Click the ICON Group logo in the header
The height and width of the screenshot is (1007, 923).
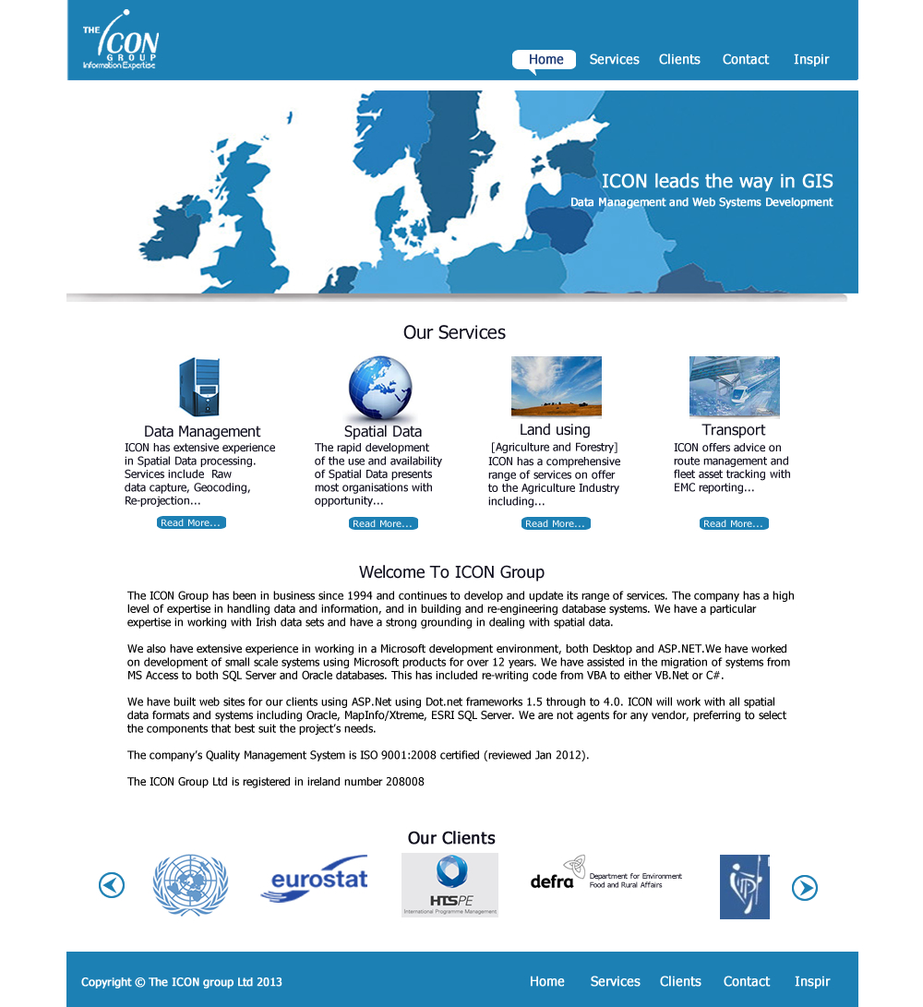pos(120,42)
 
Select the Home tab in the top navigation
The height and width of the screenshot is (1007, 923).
pos(545,60)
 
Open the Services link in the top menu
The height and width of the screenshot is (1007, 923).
pos(614,60)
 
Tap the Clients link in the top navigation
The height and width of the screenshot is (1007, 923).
pos(679,60)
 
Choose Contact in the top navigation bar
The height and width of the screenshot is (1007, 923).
pos(745,60)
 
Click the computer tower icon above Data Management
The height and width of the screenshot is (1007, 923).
pos(199,388)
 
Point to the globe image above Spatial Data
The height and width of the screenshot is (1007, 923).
pos(380,390)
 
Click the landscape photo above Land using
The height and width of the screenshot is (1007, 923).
pos(556,387)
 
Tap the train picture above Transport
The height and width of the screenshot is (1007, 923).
pos(734,387)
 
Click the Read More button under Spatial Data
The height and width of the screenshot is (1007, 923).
pos(383,524)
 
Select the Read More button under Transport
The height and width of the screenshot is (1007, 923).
pos(734,524)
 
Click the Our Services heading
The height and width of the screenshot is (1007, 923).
pos(454,333)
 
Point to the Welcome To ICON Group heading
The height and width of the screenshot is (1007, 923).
pos(451,572)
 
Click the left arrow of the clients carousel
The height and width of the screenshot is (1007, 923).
pos(112,885)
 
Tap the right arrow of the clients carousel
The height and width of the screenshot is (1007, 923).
pos(805,888)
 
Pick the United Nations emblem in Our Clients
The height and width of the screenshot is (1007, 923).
pos(190,884)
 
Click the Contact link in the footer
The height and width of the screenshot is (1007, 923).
pos(746,982)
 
